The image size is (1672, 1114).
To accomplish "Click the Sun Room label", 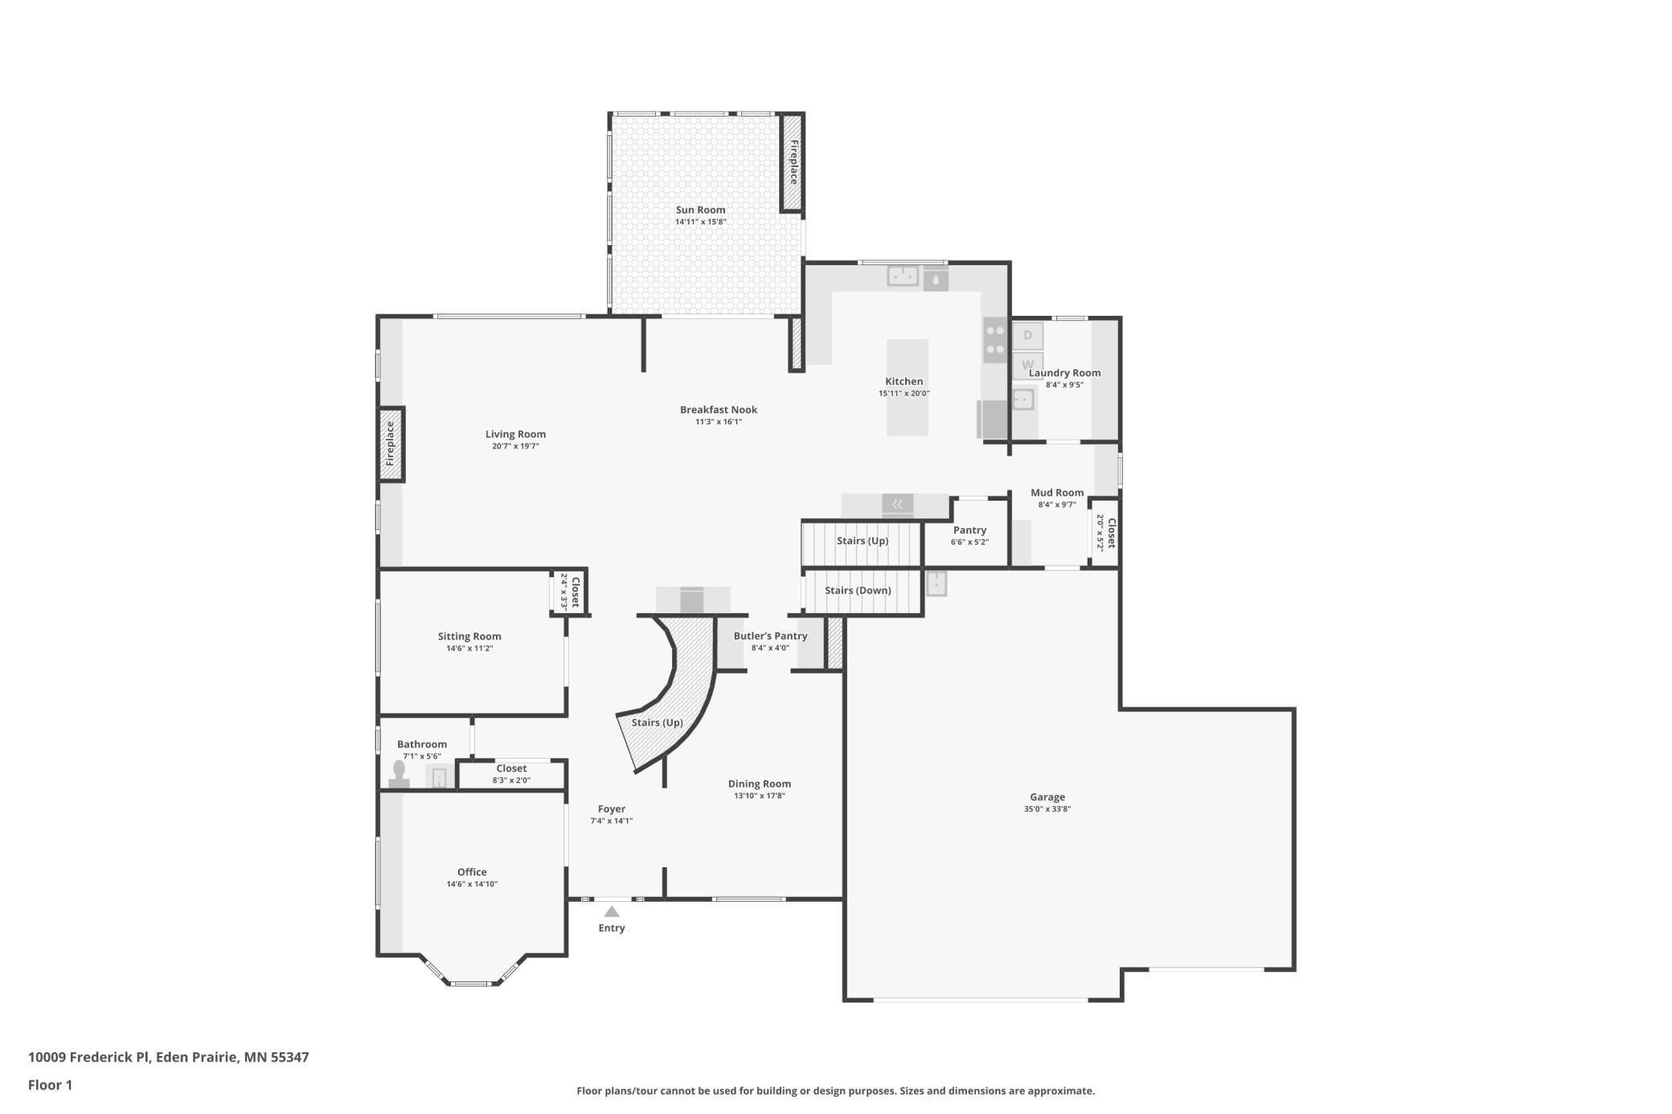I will click(700, 210).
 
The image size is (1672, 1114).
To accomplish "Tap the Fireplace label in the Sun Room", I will click(793, 162).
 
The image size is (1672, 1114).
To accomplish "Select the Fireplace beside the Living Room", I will click(391, 444).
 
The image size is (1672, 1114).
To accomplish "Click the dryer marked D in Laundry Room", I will click(1027, 335).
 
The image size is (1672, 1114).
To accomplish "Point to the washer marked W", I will click(1027, 364).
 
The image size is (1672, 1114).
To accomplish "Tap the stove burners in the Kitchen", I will click(995, 339).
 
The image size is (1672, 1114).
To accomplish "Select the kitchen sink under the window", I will click(902, 276).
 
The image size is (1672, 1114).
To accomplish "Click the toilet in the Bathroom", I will click(399, 774).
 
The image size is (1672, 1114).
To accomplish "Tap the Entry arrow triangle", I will click(612, 911).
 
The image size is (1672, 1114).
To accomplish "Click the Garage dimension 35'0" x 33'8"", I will click(1047, 809).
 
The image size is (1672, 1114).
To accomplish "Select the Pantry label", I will click(969, 530).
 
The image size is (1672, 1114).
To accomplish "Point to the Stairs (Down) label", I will click(858, 590).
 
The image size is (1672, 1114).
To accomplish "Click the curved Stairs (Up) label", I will click(657, 723).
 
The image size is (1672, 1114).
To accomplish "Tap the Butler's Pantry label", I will click(770, 636).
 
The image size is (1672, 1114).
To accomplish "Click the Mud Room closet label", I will click(1111, 533).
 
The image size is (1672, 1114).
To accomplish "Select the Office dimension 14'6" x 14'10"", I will click(472, 884).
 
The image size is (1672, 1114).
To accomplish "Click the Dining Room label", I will click(759, 784).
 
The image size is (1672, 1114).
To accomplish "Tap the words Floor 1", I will click(50, 1085).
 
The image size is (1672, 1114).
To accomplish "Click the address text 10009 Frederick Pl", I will click(88, 1057).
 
